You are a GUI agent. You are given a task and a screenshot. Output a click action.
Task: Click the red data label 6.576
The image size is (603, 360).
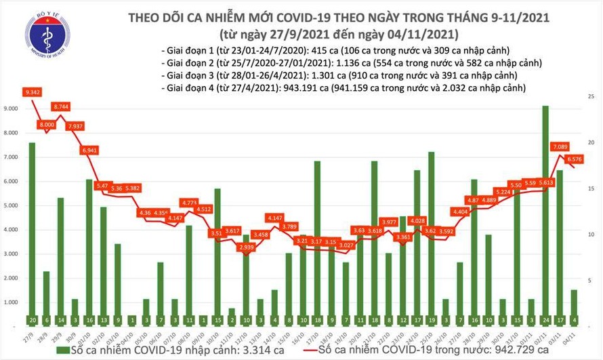click(575, 160)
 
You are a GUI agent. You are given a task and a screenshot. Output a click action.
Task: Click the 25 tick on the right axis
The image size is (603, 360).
click(590, 98)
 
